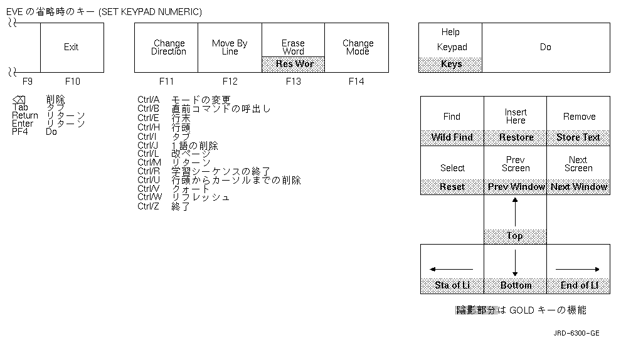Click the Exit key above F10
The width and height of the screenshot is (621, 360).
point(72,47)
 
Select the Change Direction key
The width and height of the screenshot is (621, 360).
point(169,48)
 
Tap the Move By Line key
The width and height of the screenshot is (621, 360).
point(230,48)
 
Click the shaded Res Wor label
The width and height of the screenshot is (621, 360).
point(293,64)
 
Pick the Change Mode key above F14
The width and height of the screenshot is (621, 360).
point(358,48)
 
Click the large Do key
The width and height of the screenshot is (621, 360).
point(546,47)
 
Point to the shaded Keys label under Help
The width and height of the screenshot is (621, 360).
point(451,64)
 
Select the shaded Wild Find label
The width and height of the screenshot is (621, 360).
point(452,137)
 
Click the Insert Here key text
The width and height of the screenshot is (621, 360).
point(516,116)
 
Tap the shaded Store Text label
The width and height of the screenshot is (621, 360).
point(578,137)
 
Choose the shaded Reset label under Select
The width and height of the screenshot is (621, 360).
point(452,187)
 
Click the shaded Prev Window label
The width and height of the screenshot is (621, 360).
point(516,187)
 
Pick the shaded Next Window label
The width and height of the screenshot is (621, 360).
point(579,187)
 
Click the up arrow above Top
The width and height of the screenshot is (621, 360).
point(515,211)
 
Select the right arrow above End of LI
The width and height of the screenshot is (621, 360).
point(578,269)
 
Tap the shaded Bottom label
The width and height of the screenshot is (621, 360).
point(516,285)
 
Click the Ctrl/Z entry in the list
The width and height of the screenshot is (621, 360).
point(148,206)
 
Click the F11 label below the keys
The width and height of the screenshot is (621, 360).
point(167,82)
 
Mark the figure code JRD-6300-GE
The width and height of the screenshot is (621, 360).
point(576,333)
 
